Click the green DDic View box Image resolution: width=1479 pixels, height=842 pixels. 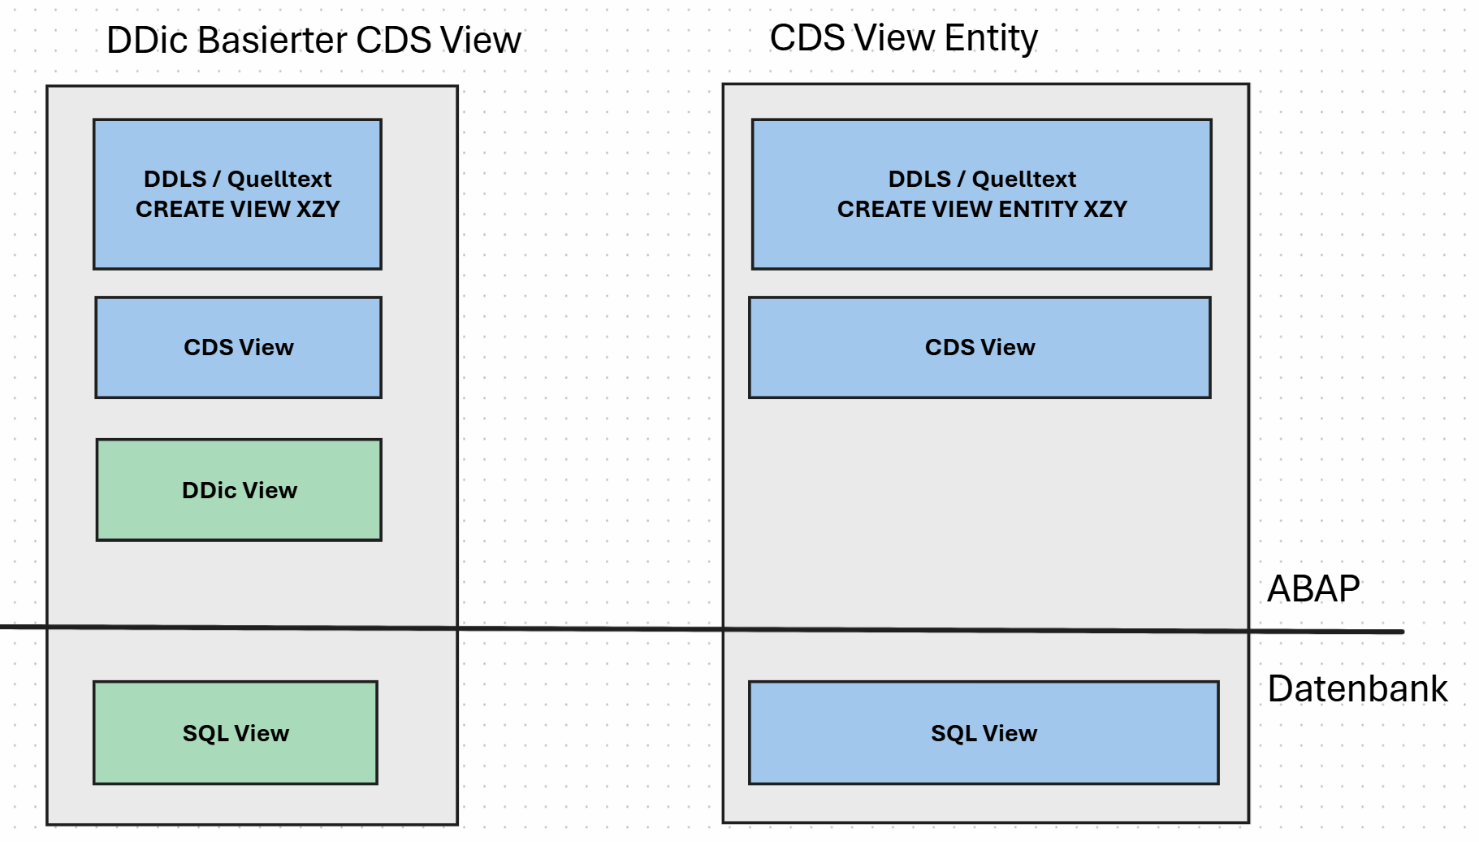[239, 490]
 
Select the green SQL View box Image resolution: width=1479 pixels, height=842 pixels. [236, 733]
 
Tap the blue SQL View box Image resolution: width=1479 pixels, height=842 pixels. [984, 733]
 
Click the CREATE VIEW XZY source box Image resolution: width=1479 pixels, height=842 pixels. [237, 194]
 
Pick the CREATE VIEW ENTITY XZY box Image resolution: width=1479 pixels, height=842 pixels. [982, 194]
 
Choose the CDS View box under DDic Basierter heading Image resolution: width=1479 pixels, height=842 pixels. [239, 347]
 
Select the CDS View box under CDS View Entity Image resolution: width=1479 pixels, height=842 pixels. [980, 347]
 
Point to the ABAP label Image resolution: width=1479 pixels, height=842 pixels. [1313, 588]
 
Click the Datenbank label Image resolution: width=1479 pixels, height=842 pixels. [1357, 689]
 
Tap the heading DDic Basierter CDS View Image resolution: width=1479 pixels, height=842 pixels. [314, 41]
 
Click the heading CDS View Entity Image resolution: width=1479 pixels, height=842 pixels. [903, 38]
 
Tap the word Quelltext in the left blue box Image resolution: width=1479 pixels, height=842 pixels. [279, 179]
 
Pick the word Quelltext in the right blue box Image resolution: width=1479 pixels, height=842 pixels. [1024, 179]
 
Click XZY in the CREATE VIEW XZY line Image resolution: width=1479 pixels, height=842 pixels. [318, 209]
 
